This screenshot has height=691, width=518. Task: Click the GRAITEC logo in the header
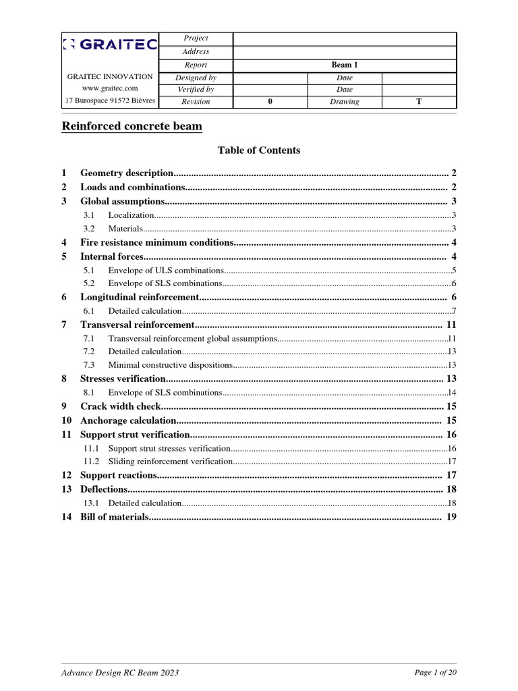point(110,45)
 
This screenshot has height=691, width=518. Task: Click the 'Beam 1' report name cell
point(345,65)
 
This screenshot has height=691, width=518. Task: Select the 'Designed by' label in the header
point(196,78)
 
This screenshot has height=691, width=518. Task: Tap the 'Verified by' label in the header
point(196,89)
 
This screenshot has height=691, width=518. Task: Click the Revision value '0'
point(270,102)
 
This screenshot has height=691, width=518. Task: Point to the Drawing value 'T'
point(419,102)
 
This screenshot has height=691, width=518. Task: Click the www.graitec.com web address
point(110,88)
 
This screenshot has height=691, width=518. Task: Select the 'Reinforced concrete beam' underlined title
point(132,126)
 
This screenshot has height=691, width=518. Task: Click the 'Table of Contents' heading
point(259,150)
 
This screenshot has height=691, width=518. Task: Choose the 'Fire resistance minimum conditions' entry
point(157,242)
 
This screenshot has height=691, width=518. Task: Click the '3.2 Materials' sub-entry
point(125,229)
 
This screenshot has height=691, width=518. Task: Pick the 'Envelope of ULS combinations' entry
point(166,270)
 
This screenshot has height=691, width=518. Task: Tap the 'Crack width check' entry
point(121,406)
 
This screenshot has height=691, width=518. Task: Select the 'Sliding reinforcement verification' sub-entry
point(170,462)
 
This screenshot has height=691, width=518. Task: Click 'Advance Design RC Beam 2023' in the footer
point(120,673)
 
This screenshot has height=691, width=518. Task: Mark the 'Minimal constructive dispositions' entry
point(170,365)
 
